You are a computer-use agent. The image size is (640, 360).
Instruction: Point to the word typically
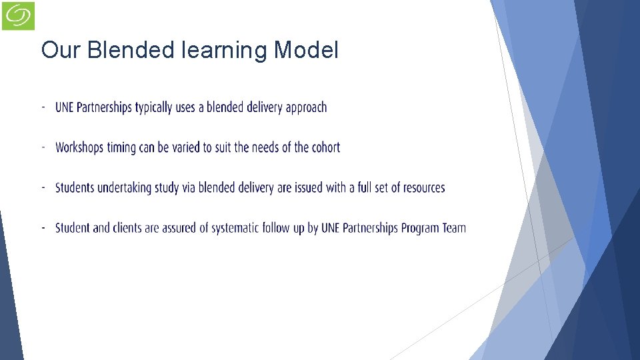tap(153, 107)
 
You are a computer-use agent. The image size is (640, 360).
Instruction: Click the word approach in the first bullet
tap(306, 107)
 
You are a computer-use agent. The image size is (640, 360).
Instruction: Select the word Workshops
tap(80, 147)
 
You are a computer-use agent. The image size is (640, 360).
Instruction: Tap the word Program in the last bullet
tap(419, 228)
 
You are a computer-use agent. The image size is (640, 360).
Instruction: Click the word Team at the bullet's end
tap(454, 228)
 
